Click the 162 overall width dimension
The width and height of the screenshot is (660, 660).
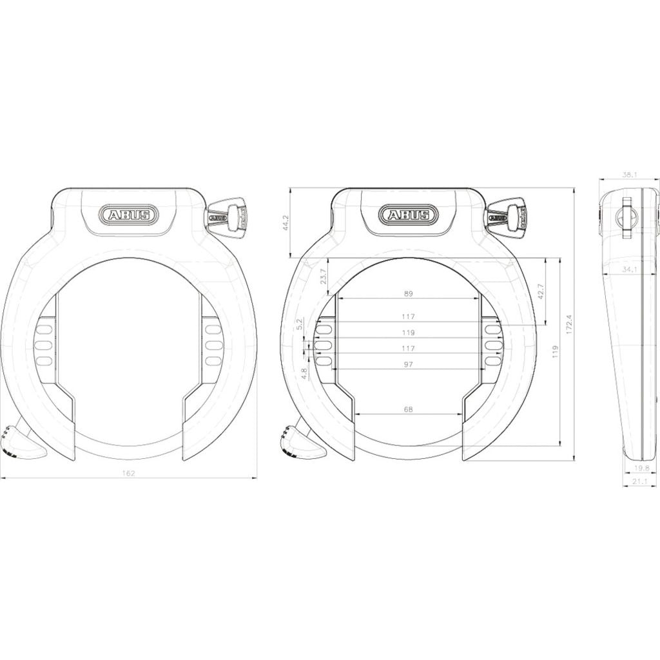pyautogui.click(x=128, y=473)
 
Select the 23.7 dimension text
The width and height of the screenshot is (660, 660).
pyautogui.click(x=324, y=277)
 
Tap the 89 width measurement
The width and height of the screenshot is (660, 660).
pyautogui.click(x=408, y=294)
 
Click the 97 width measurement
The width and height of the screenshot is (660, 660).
pyautogui.click(x=408, y=365)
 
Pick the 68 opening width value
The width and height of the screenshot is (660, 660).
pyautogui.click(x=408, y=409)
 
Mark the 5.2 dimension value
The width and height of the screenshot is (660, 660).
pyautogui.click(x=298, y=324)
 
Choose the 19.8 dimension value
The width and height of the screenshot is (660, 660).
pyautogui.click(x=641, y=468)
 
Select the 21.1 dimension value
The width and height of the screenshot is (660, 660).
pyautogui.click(x=640, y=481)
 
